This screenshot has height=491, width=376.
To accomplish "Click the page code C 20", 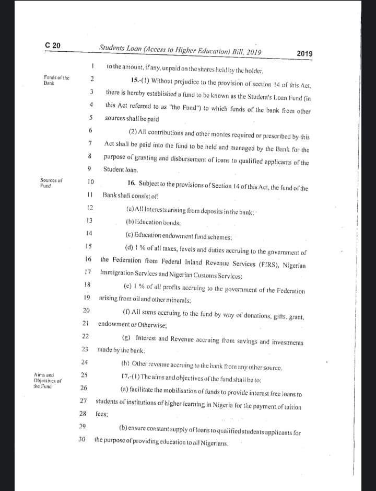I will (x=53, y=45).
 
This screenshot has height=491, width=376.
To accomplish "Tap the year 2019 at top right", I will (x=304, y=53).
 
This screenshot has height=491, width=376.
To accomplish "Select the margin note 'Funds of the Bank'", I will (x=56, y=80).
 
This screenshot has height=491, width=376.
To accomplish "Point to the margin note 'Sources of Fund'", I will (x=51, y=182).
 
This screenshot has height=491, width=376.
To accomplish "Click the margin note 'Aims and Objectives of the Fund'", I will (x=47, y=380).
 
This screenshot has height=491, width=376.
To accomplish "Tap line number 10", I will (x=90, y=182).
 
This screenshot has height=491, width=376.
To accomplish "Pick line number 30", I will (x=81, y=439).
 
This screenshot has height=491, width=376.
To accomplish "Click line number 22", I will (x=85, y=336).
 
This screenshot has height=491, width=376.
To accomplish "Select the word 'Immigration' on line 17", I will (x=117, y=273).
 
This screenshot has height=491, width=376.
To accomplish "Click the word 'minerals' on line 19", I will (x=177, y=300).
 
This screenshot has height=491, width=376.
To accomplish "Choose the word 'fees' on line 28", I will (x=101, y=414).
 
